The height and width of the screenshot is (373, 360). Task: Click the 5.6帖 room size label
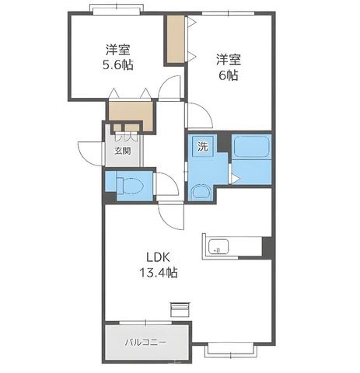point(118,64)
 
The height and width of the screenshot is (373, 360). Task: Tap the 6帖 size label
point(229,75)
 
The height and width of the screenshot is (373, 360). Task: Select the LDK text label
point(158,257)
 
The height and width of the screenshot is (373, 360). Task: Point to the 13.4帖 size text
point(159,273)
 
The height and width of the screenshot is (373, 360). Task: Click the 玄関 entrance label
point(123,151)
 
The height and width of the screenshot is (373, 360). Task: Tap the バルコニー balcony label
point(145,343)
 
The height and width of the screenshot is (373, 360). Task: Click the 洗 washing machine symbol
point(203,146)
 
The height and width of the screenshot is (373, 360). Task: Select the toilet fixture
point(130,186)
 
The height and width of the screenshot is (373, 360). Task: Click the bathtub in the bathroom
point(251,147)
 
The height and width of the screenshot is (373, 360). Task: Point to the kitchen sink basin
point(218,246)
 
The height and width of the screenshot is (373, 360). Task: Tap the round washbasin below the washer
point(201,192)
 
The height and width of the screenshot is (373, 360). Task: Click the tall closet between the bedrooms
point(176,39)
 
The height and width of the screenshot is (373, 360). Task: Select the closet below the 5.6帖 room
point(131,116)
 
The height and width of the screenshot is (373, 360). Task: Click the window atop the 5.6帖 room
point(117,9)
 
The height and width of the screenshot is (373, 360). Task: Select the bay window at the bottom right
point(231,350)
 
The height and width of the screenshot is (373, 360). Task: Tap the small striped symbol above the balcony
point(180,309)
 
